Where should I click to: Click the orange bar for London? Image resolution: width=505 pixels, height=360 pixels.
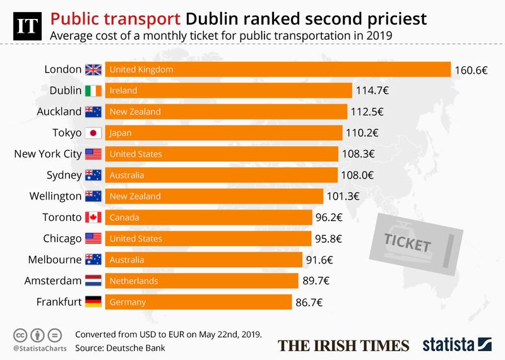278,69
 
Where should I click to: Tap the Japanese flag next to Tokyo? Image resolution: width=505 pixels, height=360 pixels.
93,133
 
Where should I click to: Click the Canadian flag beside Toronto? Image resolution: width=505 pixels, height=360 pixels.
93,218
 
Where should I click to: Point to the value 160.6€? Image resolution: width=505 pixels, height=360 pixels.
470,69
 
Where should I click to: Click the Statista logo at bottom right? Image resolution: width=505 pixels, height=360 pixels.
456,344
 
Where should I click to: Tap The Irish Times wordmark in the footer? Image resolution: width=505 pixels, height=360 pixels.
344,345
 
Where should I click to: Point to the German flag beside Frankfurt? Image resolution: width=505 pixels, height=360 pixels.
93,303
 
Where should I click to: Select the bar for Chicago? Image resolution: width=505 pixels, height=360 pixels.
208,239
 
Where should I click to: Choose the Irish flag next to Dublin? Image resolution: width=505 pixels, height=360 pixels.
93,90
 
